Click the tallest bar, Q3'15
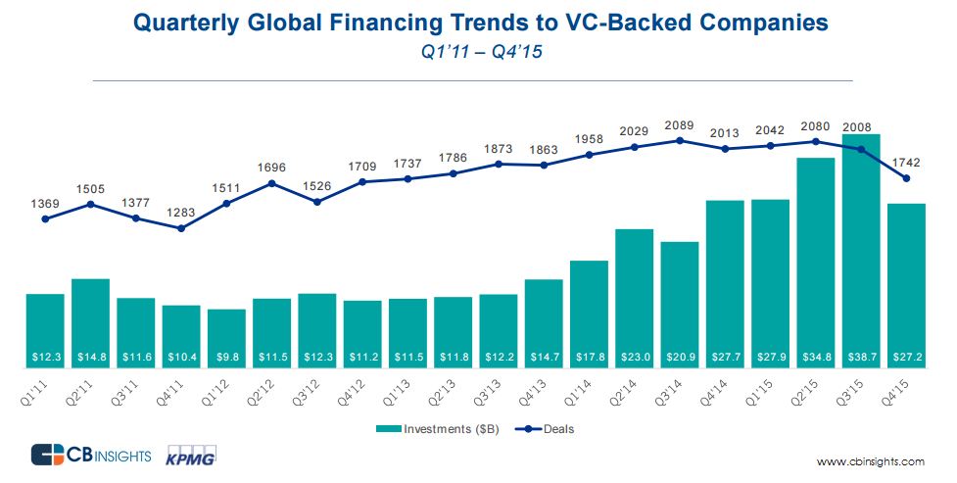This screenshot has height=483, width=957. point(861,250)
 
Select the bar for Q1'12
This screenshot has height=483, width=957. point(226,333)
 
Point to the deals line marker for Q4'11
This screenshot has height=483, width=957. point(181,228)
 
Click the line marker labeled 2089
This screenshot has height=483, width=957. point(680,140)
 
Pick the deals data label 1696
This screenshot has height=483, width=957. point(271,168)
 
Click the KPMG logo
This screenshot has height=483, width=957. point(192,456)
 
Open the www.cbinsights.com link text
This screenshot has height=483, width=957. point(870,461)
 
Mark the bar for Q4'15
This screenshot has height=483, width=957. point(906,284)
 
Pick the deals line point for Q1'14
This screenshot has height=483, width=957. point(589,154)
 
